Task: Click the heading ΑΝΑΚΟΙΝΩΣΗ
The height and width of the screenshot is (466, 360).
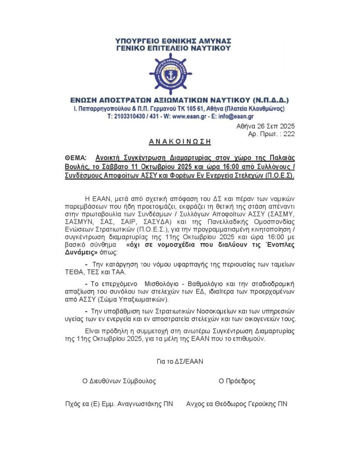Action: pos(180,142)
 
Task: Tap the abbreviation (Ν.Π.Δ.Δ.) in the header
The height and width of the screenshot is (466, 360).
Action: pos(267,100)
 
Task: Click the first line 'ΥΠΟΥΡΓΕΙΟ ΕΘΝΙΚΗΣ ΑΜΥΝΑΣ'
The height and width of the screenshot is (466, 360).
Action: pos(173,40)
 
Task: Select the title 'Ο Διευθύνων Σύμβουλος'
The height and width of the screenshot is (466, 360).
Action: pos(119,381)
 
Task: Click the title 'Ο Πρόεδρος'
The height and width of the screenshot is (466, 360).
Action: pos(237,381)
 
